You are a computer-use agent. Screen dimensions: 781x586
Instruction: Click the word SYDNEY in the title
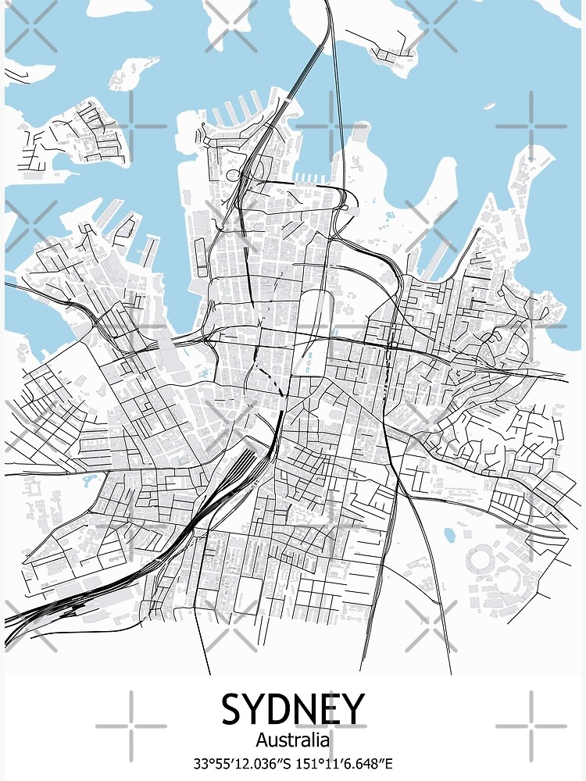click(x=293, y=709)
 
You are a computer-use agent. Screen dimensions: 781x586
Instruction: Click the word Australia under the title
click(x=293, y=739)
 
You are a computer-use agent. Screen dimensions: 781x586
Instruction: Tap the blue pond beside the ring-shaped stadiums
click(x=451, y=535)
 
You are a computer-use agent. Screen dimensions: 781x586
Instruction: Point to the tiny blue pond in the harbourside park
click(x=388, y=211)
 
